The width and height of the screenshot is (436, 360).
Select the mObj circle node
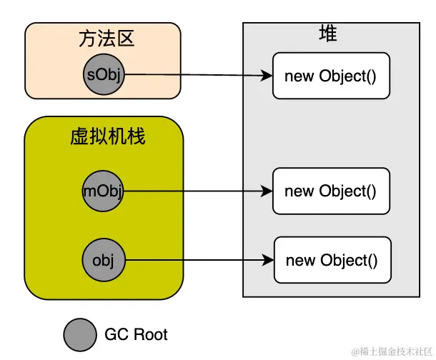pos(104,191)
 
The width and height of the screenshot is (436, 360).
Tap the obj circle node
pos(104,259)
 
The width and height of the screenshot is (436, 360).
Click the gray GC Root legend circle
pos(79,334)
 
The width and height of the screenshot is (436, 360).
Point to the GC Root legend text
pos(136,334)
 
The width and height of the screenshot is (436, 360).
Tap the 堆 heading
pos(328,34)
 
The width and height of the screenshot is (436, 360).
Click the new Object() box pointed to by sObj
pos(330,76)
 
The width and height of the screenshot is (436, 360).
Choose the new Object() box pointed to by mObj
pos(330,191)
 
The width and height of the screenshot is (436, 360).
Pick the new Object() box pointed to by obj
pos(332,260)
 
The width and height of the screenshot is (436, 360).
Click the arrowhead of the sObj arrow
pos(268,76)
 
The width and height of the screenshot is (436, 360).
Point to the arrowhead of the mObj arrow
pos(268,191)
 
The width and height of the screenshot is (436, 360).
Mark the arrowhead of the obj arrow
pos(269,260)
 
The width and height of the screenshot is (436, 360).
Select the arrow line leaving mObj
pos(193,191)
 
